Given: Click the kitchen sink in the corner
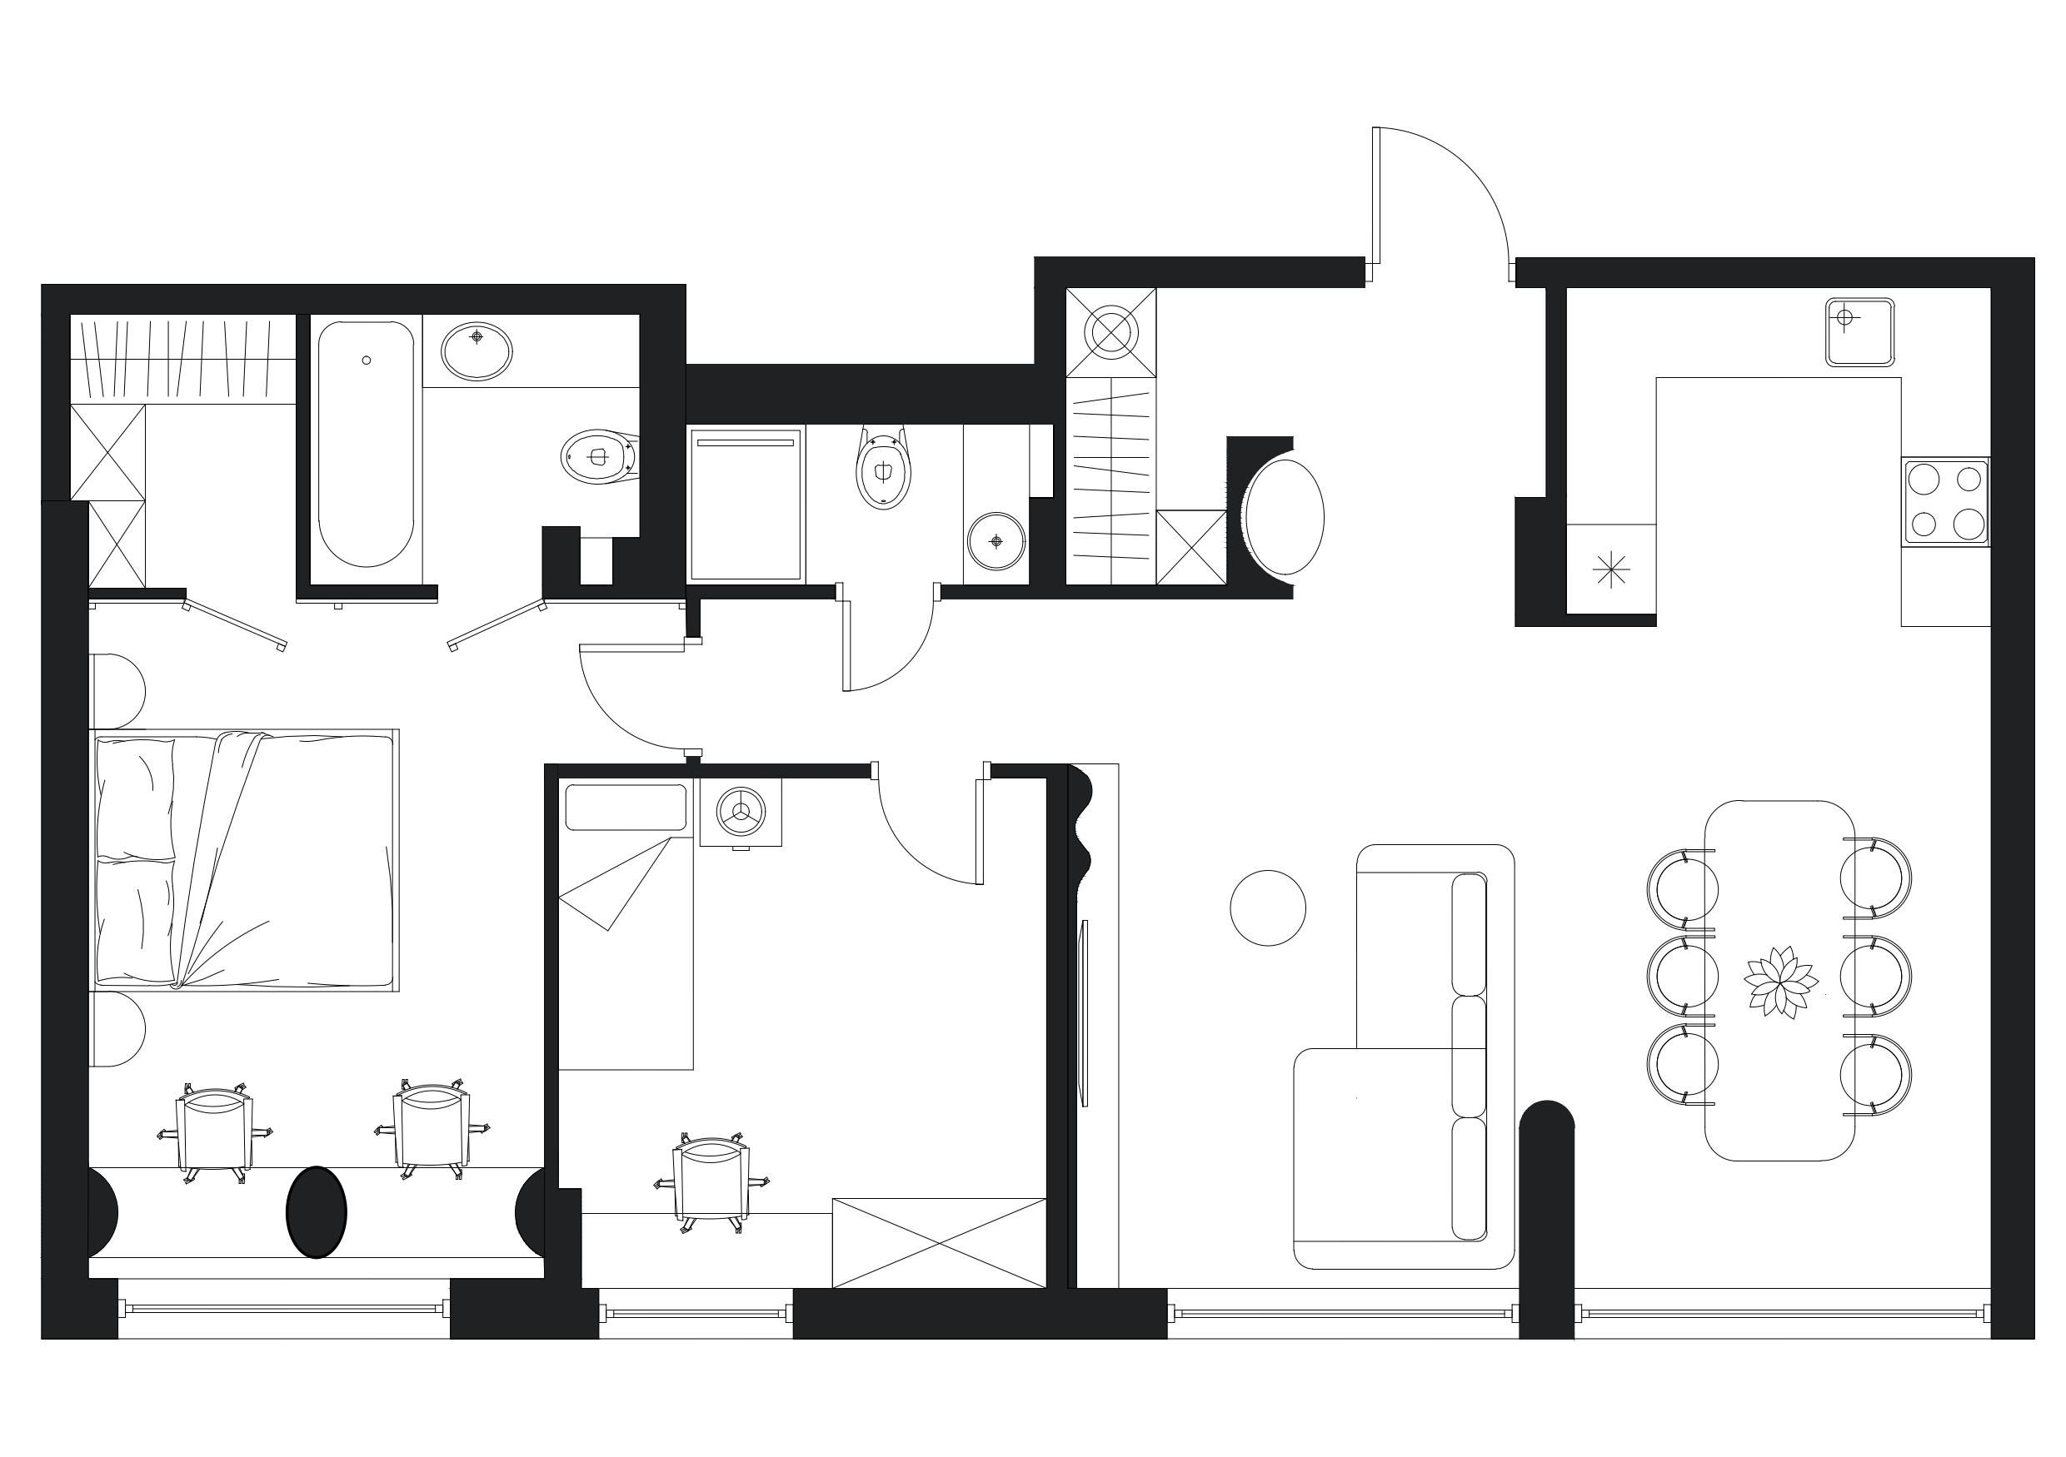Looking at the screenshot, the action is [x=1860, y=332].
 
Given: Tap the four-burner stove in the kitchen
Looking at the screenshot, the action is [x=1944, y=501].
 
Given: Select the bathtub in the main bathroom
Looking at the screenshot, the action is [x=366, y=444].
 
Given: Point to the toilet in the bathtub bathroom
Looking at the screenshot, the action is [x=598, y=457].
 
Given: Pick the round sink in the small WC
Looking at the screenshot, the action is [x=996, y=541].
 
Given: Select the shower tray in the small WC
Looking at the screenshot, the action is [x=745, y=505].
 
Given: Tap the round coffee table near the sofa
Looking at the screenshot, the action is [x=1267, y=908].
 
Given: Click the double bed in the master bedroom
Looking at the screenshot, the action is [x=245, y=861].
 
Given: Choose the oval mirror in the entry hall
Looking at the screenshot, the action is [x=1284, y=517].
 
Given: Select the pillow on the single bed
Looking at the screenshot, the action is [x=626, y=807].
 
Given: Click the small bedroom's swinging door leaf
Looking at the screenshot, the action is [x=979, y=832].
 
